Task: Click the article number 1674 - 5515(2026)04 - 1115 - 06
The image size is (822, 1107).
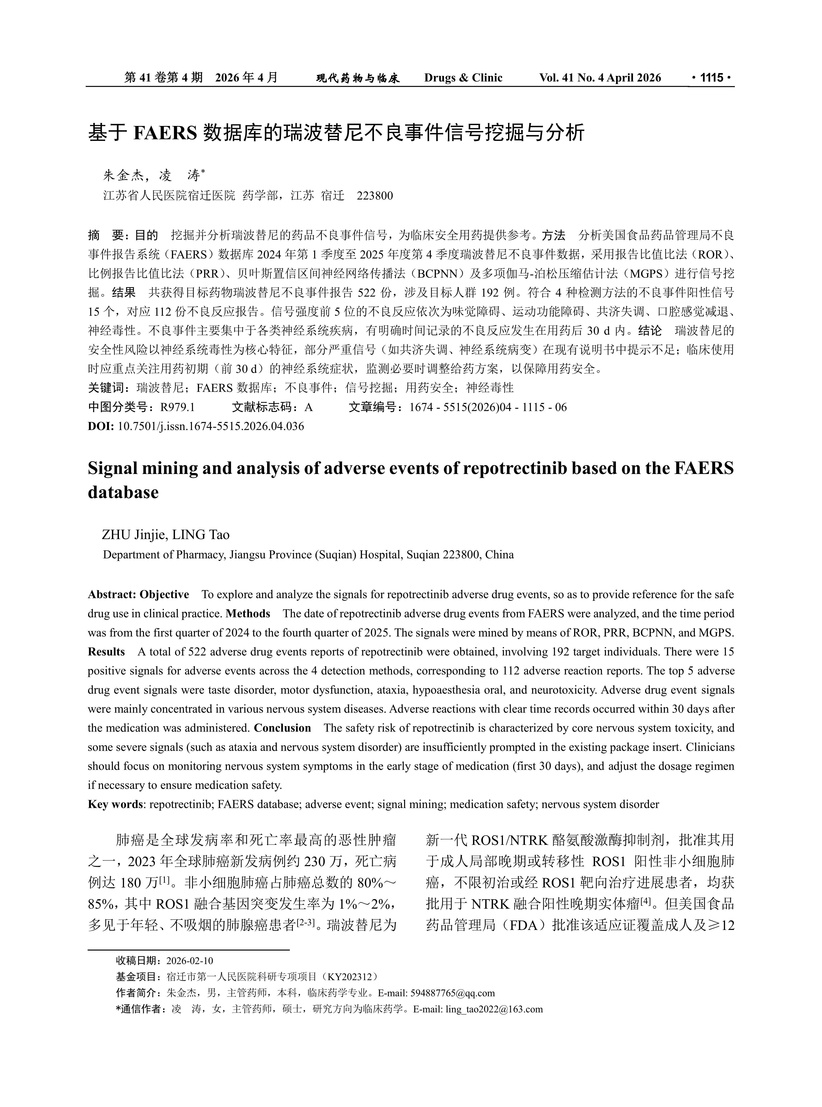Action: pyautogui.click(x=488, y=407)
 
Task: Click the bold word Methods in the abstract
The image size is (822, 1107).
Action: pyautogui.click(x=248, y=614)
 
